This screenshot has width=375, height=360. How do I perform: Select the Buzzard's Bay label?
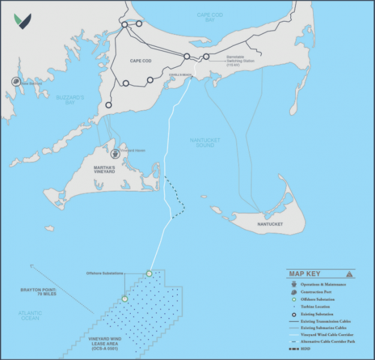[71, 100]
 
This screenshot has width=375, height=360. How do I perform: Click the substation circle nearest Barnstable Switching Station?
[206, 56]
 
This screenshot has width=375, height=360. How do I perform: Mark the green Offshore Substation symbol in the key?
[293, 299]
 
